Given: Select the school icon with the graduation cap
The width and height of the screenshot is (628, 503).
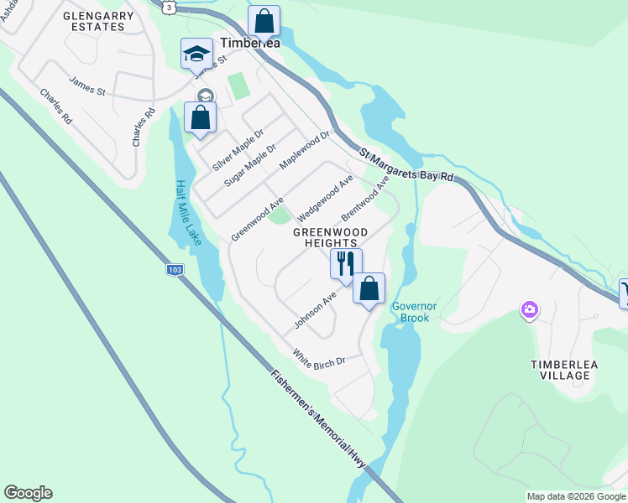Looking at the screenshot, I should (196, 54).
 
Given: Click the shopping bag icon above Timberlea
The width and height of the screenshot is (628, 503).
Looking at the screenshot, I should (264, 20).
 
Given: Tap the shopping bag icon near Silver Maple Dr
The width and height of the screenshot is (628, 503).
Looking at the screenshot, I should (200, 117).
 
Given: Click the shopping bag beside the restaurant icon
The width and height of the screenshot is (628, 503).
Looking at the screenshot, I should (369, 289).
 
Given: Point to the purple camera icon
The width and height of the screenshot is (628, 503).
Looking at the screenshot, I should (529, 311).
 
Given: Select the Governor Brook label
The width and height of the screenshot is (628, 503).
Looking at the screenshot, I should (414, 312).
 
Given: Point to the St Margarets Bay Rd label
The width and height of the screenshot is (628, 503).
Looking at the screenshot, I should (406, 166).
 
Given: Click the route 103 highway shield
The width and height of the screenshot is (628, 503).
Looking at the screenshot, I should (173, 270).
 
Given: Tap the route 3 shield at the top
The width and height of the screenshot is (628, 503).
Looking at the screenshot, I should (170, 7).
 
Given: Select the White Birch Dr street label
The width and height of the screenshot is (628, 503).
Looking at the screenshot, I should (319, 358).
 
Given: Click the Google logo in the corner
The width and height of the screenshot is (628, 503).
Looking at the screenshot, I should (28, 493).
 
